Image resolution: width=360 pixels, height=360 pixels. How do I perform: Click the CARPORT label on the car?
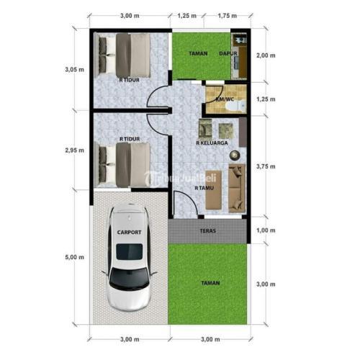click(129, 233)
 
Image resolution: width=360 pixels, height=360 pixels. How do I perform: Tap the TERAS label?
click(208, 231)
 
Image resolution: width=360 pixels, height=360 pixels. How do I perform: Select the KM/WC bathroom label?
click(225, 99)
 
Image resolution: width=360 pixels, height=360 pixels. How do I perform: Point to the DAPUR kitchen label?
click(228, 53)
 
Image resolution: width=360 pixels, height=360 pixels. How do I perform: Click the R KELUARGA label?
click(212, 143)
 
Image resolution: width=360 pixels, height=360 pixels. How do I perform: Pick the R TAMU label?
click(204, 188)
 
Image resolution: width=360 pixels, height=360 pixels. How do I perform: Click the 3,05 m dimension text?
click(75, 70)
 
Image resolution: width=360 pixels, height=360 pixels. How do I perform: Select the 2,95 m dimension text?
click(75, 150)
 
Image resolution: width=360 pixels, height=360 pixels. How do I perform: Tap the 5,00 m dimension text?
click(75, 257)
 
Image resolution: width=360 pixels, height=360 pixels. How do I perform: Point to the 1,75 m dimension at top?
click(228, 16)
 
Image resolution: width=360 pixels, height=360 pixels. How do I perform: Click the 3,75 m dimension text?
click(266, 166)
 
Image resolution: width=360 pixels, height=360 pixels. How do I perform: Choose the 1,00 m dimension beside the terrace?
click(266, 230)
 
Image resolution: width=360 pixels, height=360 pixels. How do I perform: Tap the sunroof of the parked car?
click(130, 252)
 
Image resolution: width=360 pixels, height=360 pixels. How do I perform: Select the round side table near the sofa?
click(235, 156)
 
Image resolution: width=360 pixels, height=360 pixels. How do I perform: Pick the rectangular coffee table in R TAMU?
click(214, 190)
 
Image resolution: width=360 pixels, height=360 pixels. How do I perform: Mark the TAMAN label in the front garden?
click(210, 283)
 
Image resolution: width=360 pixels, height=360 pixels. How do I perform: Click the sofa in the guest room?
click(237, 188)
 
